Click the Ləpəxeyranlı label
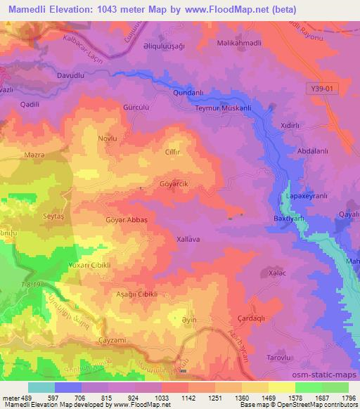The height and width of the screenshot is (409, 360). pos(304,197)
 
